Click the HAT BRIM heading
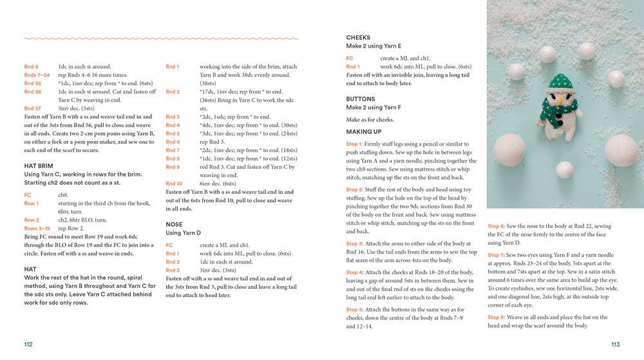tap(39, 166)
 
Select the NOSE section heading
tap(174, 225)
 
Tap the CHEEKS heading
tap(358, 38)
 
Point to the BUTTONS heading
tap(360, 99)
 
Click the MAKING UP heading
tap(364, 131)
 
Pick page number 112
tap(28, 345)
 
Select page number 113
tap(615, 345)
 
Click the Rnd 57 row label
tap(32, 108)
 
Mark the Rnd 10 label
tap(174, 184)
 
